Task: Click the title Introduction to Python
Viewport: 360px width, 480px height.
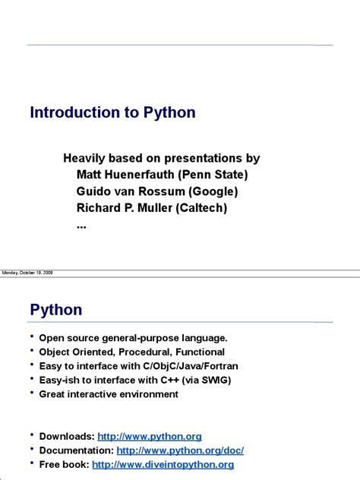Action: coord(112,113)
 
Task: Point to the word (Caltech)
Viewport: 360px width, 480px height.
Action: coord(203,207)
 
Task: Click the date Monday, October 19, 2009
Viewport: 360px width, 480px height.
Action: coord(27,273)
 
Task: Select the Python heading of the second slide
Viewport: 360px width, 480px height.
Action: coord(56,310)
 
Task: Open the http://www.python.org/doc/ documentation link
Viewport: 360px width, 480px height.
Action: coord(180,450)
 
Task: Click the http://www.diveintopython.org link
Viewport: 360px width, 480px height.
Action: coord(163,465)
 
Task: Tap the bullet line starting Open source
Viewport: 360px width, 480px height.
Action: coord(133,338)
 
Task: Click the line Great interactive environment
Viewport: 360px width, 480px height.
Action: coord(109,394)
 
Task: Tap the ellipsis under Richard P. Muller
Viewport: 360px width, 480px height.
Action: coord(82,225)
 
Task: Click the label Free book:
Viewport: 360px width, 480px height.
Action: coord(64,465)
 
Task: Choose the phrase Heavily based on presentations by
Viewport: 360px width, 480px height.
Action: coord(161,158)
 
